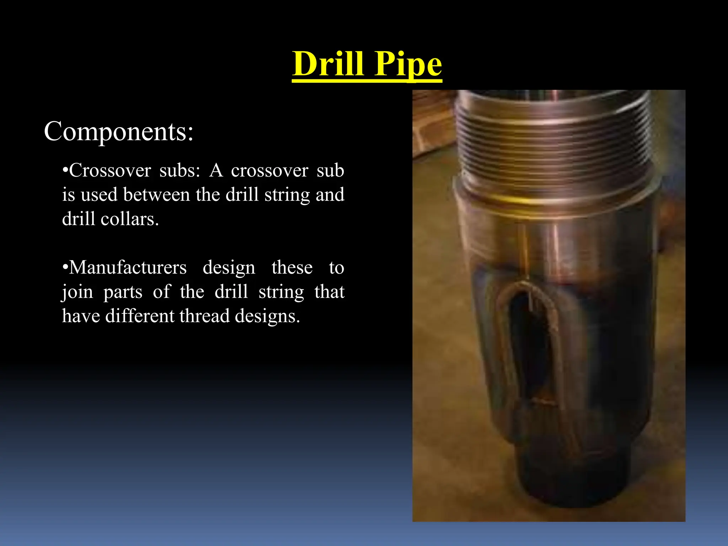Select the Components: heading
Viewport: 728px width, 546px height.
[118, 131]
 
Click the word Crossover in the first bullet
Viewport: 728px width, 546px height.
[110, 171]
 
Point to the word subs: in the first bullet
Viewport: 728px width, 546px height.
[180, 171]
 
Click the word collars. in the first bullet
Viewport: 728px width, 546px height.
[130, 219]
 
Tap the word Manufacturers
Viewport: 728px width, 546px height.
[128, 267]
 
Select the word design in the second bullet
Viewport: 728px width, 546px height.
[229, 268]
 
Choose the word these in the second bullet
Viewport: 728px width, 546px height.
[292, 267]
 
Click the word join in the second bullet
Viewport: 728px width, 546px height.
[77, 292]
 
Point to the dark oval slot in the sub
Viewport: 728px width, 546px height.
[530, 341]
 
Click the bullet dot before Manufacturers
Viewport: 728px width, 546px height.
[65, 267]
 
